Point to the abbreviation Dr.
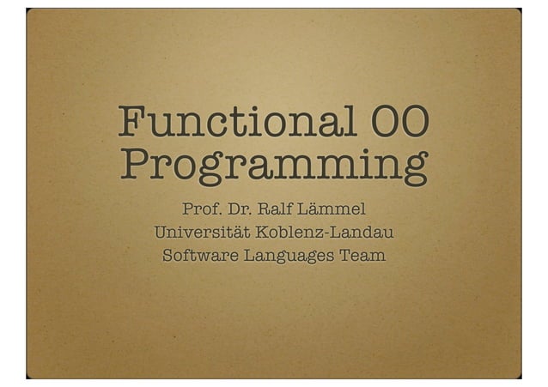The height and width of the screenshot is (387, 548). [x=243, y=208]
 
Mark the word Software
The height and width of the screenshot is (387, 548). [x=200, y=256]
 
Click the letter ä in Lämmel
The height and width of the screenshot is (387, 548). [x=320, y=208]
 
